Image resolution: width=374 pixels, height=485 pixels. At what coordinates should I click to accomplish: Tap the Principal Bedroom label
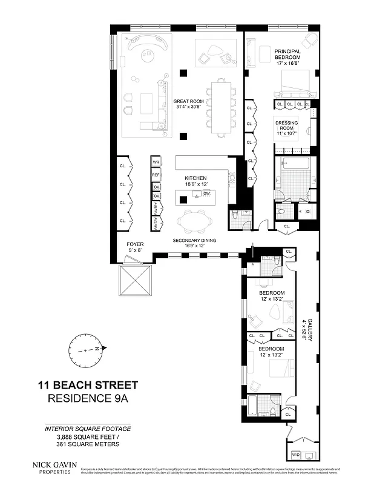(x=287, y=56)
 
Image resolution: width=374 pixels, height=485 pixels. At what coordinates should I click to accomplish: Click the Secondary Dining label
(x=194, y=240)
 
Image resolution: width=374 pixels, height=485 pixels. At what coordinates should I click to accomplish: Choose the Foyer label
(x=135, y=247)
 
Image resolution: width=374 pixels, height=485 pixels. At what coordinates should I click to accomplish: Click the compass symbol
(x=88, y=350)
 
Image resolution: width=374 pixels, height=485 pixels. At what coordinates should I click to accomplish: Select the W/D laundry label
(x=296, y=454)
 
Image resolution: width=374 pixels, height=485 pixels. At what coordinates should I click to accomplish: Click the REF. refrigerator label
(x=156, y=175)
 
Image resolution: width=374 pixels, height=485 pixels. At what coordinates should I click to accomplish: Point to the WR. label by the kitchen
(x=156, y=163)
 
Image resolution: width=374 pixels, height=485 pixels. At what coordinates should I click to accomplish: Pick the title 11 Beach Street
(x=88, y=385)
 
